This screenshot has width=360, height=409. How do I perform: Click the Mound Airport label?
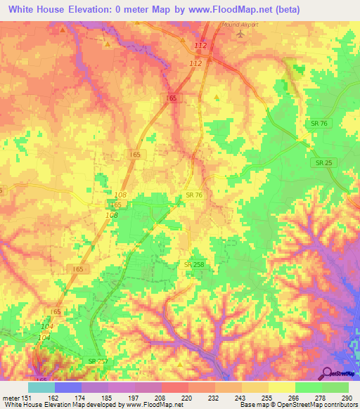point(240,24)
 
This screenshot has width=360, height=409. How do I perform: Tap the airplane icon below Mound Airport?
point(240,33)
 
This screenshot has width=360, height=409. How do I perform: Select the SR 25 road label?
point(320,162)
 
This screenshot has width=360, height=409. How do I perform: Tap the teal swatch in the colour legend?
point(41,387)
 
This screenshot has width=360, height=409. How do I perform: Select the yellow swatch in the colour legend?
point(281,387)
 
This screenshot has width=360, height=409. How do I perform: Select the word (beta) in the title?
point(283,10)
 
